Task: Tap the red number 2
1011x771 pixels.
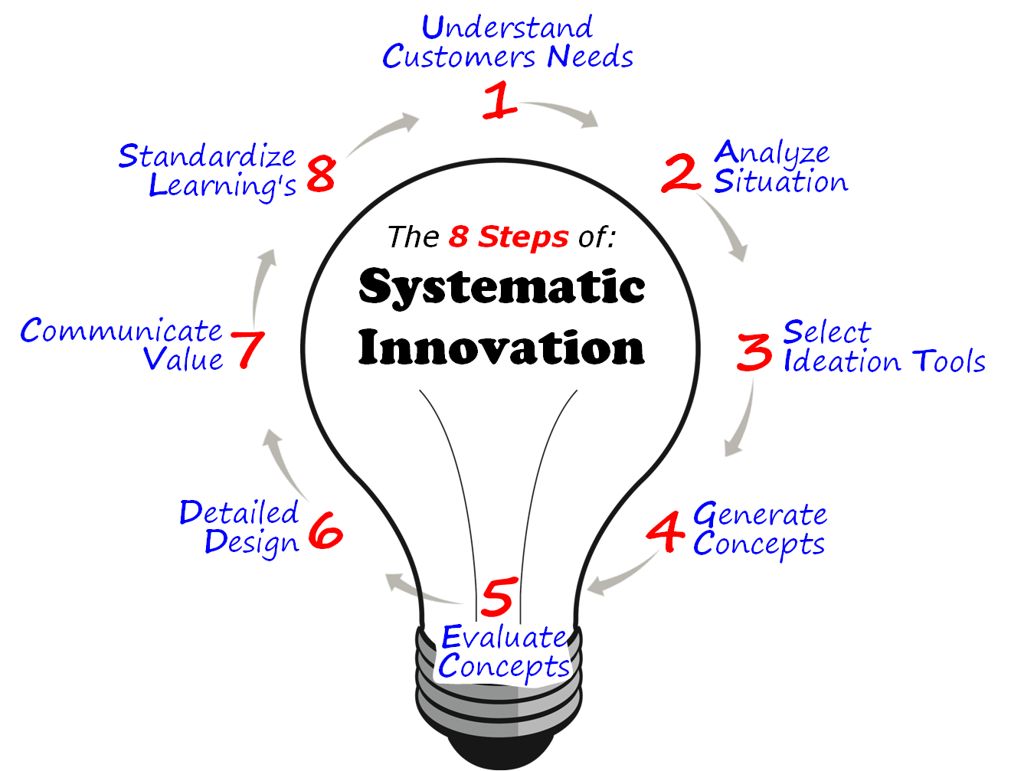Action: pos(681,173)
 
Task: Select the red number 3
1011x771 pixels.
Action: pos(755,352)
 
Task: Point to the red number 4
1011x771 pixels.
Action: pos(665,531)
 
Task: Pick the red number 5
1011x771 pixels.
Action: pos(499,598)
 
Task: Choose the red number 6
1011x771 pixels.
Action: pos(326,531)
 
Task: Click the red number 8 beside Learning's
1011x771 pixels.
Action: pos(320,173)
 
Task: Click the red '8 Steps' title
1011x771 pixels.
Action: pos(509,237)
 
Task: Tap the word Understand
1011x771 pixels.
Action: pos(507,28)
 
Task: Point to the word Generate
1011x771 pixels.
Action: pos(760,515)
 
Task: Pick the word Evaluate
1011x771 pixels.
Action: pos(504,637)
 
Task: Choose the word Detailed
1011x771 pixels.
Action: pos(238,513)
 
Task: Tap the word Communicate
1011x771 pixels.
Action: pos(121,331)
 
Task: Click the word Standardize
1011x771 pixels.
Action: pos(207,157)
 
